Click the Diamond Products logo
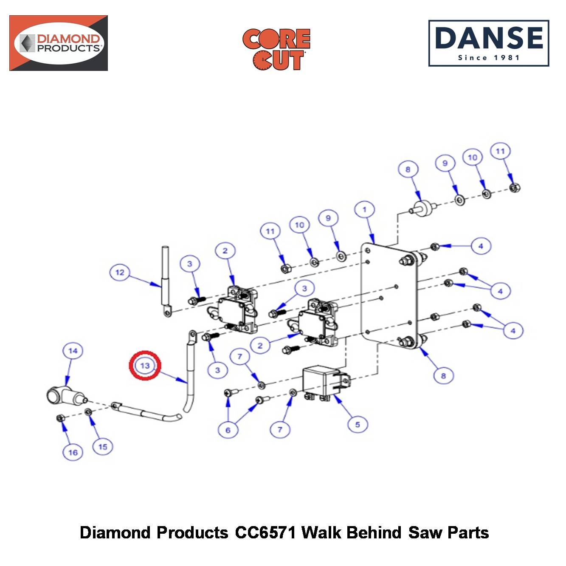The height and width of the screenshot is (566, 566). pyautogui.click(x=59, y=43)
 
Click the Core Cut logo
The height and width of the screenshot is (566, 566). pyautogui.click(x=276, y=49)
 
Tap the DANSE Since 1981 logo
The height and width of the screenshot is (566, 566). pyautogui.click(x=488, y=43)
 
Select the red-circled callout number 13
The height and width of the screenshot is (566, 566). pyautogui.click(x=145, y=366)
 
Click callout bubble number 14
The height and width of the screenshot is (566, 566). pyautogui.click(x=73, y=351)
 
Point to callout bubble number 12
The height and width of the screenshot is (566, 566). pyautogui.click(x=120, y=272)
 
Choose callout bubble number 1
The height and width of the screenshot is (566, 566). pyautogui.click(x=364, y=210)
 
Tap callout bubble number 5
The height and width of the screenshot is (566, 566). pyautogui.click(x=358, y=425)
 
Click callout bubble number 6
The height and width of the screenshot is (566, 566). pyautogui.click(x=228, y=430)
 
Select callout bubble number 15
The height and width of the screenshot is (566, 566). pyautogui.click(x=102, y=447)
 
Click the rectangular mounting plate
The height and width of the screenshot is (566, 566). pyautogui.click(x=389, y=296)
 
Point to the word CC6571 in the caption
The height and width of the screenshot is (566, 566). pyautogui.click(x=265, y=532)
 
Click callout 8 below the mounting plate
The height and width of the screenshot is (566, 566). pyautogui.click(x=444, y=375)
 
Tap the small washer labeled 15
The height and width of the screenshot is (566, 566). pyautogui.click(x=88, y=412)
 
